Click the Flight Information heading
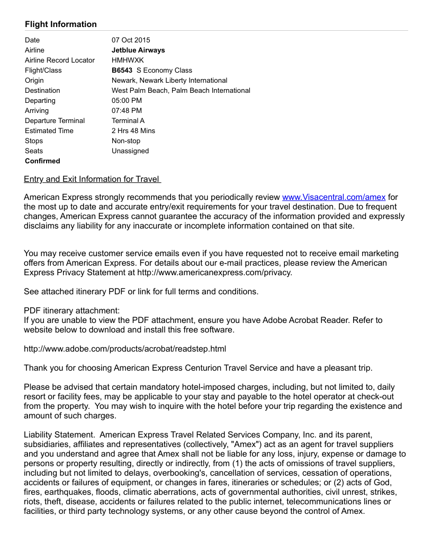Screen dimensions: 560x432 click(x=61, y=24)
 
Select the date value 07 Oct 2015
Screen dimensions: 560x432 click(x=131, y=40)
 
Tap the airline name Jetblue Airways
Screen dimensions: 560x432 click(x=138, y=50)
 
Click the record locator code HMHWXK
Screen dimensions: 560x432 click(x=128, y=60)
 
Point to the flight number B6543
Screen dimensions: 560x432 click(x=122, y=70)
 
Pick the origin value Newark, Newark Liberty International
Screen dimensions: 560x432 click(x=169, y=80)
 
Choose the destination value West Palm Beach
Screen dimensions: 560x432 click(x=181, y=90)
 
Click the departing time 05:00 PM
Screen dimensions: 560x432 click(x=127, y=100)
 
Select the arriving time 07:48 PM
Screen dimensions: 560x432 click(x=127, y=110)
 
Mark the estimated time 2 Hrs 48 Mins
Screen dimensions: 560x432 click(x=133, y=130)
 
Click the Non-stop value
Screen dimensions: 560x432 click(x=126, y=141)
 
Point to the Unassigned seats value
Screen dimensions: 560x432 click(x=130, y=151)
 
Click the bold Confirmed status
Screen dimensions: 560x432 click(x=42, y=161)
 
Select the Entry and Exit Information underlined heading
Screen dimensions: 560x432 click(x=92, y=179)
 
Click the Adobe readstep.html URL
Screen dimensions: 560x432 click(x=125, y=349)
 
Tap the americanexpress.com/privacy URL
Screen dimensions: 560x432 click(x=214, y=273)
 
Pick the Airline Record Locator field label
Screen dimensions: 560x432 click(x=60, y=60)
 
